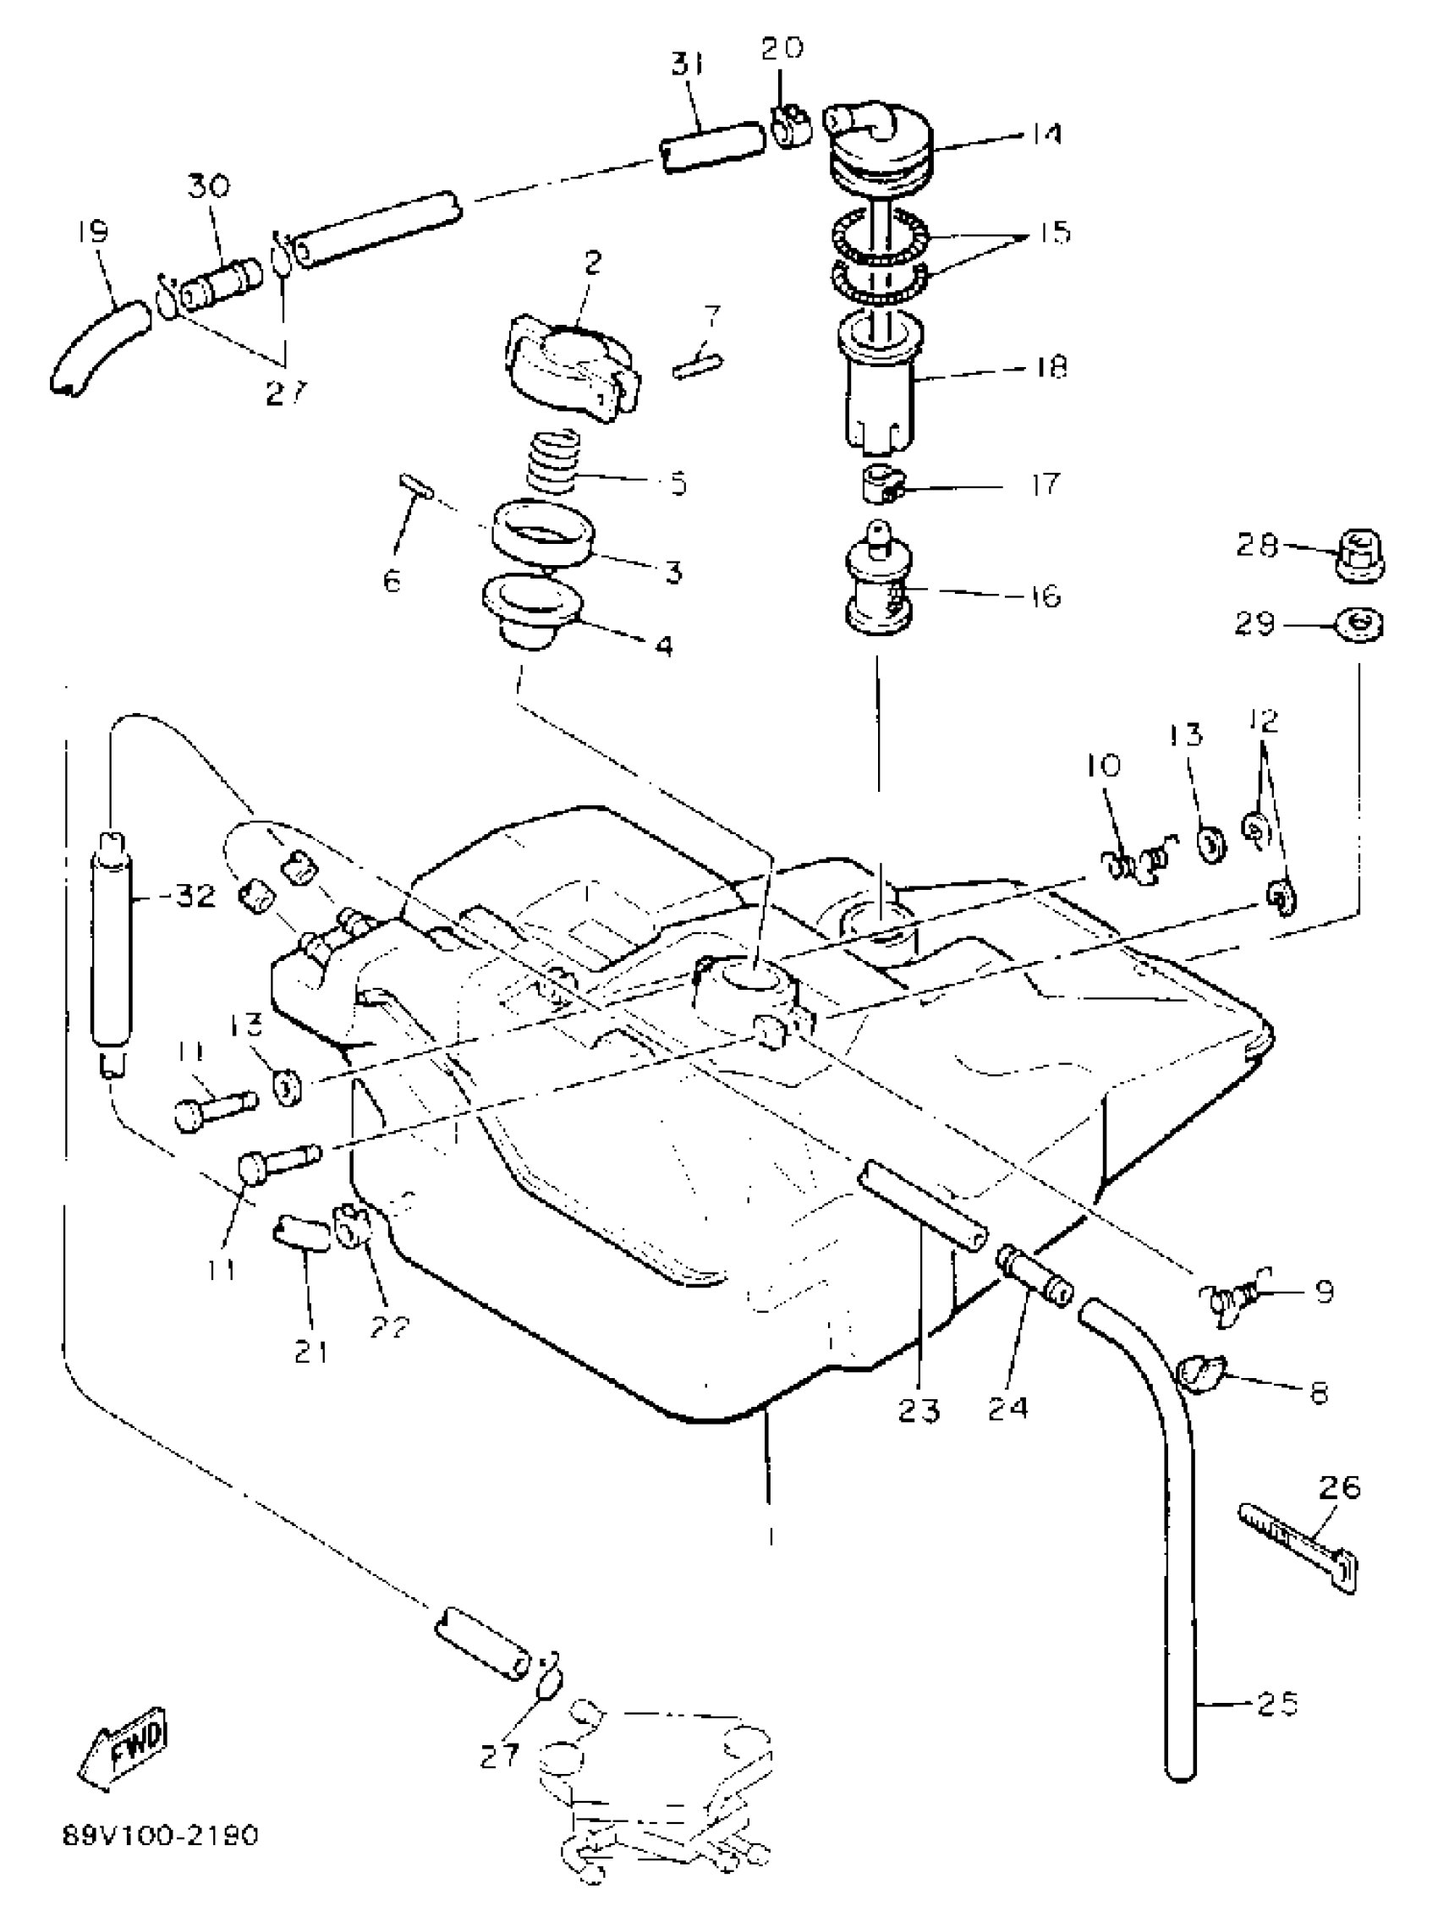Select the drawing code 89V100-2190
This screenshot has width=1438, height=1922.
coord(160,1836)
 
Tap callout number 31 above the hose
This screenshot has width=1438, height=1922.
coord(688,65)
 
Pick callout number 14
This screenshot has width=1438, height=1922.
coord(1046,134)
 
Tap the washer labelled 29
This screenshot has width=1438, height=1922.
coord(1358,625)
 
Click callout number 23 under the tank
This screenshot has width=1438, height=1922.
coord(919,1411)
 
